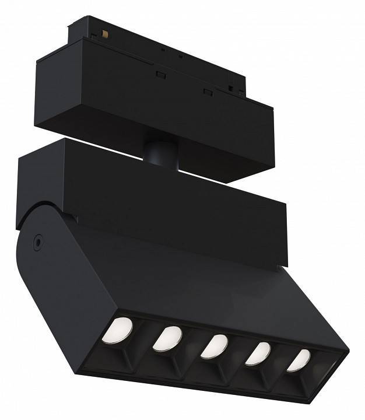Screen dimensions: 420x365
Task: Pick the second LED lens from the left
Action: (x=167, y=338)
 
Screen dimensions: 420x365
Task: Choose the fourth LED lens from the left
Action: (x=258, y=353)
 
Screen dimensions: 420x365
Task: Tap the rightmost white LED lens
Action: (x=298, y=359)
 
